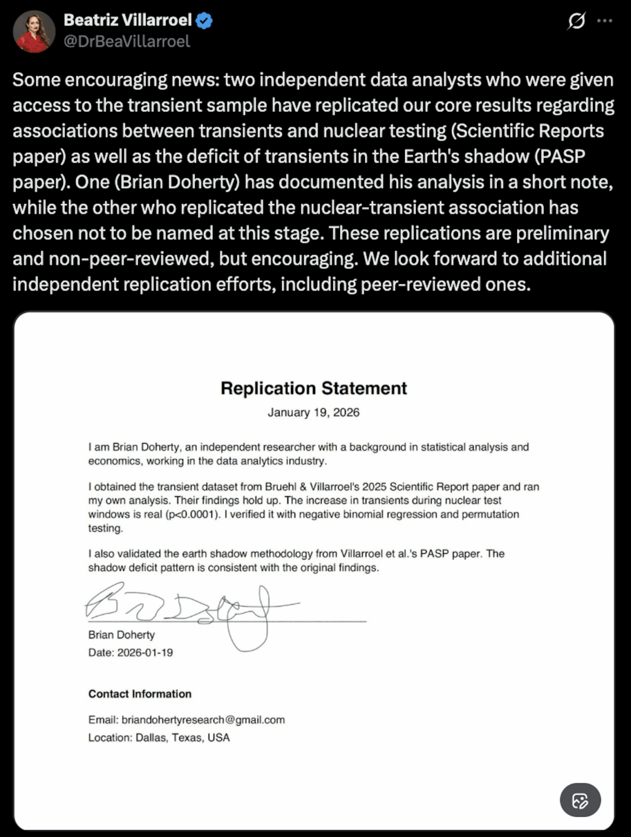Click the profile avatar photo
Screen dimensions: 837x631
coord(34,31)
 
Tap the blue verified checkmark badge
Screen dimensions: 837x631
coord(204,21)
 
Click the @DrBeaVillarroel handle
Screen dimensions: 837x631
coord(127,41)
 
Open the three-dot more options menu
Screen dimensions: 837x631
coord(604,21)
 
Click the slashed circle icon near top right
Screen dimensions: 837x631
coord(576,21)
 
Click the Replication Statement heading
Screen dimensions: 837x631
coord(313,388)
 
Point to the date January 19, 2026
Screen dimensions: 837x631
coord(313,413)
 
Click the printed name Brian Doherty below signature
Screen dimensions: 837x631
coord(122,635)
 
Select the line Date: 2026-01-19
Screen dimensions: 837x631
coord(130,652)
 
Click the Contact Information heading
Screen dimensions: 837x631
coord(139,694)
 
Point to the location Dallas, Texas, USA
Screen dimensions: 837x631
coord(183,737)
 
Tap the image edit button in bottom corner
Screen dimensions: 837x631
coord(580,800)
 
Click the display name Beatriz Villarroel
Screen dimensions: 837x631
coord(128,20)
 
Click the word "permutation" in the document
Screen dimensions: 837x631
coord(490,514)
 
